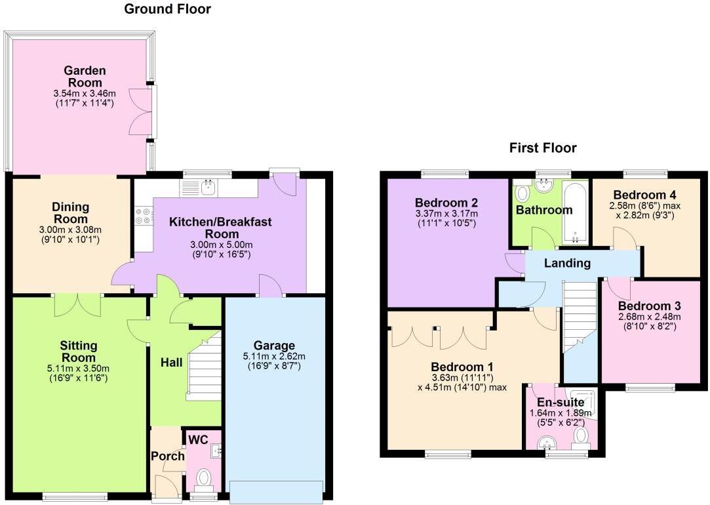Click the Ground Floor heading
[167, 9]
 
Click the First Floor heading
[543, 148]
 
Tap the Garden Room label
[85, 76]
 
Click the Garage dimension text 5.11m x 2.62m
[273, 357]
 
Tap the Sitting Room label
[79, 351]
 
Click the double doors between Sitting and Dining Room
[78, 304]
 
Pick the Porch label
[167, 456]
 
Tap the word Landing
[566, 263]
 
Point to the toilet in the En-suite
[580, 436]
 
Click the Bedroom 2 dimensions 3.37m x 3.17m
[446, 214]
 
